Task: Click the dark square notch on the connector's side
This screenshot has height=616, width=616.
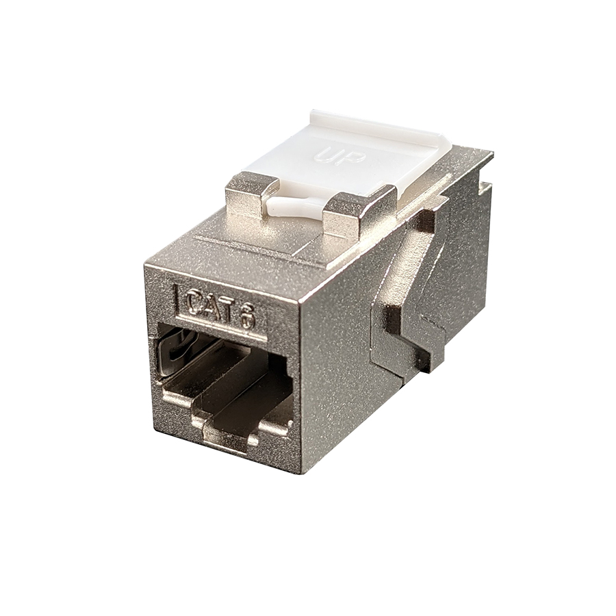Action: [x=392, y=318]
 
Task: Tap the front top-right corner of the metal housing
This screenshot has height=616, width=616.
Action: [x=299, y=299]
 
